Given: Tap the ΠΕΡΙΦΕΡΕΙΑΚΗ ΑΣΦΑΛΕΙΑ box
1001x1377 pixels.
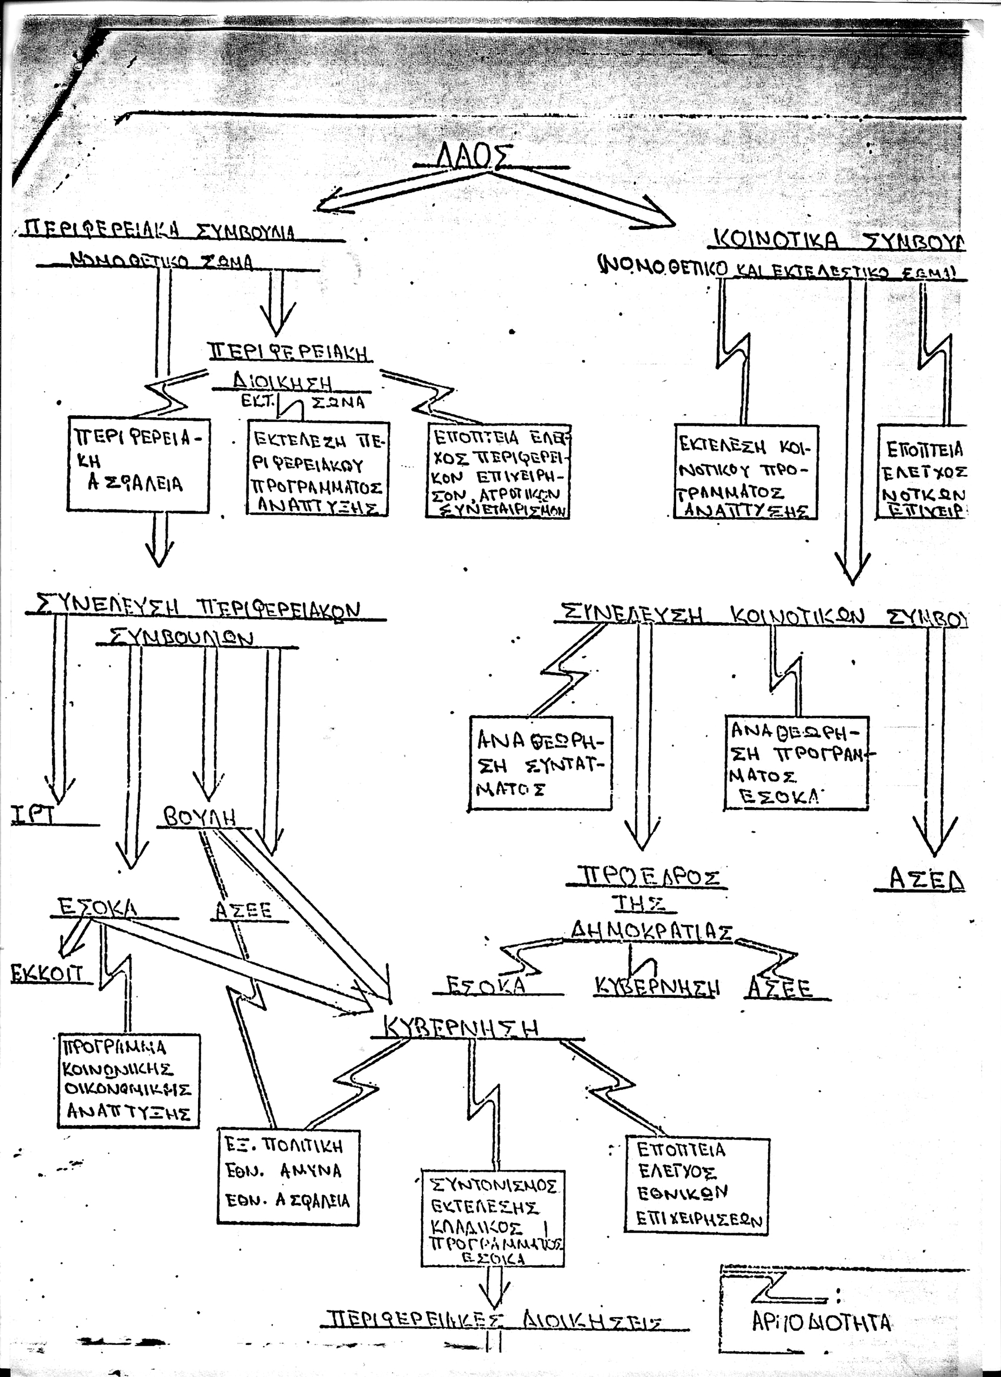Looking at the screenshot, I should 138,465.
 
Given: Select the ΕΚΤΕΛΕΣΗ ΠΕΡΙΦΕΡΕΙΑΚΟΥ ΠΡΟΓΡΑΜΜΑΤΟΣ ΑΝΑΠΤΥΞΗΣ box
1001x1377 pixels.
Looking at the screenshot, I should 318,468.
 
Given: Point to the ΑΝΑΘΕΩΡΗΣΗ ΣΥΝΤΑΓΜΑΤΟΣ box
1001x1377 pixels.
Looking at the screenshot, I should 541,763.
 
